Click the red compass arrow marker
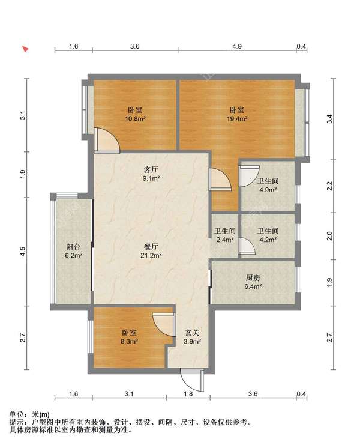coord(26,49)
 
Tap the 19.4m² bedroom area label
coord(237,114)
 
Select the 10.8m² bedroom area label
coord(136,114)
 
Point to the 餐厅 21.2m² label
coord(151,251)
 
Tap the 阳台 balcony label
coord(74,251)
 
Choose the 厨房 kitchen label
coord(253,282)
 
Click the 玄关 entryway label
coord(192,336)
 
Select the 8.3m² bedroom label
coord(130,336)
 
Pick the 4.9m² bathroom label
coord(268,185)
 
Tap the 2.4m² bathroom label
coord(225,235)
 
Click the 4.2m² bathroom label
coord(268,235)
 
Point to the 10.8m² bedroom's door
coord(107,140)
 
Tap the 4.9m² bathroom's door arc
coord(249,176)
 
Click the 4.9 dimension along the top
coord(237,46)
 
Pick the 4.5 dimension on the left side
coord(23,251)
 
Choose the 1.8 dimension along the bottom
coord(188,394)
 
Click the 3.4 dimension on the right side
coord(330,118)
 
